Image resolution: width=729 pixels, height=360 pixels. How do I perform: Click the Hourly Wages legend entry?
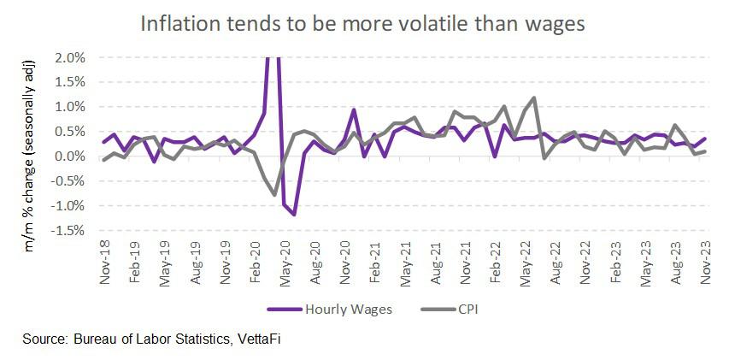point(342,309)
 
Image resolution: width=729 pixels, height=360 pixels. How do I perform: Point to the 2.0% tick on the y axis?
point(69,57)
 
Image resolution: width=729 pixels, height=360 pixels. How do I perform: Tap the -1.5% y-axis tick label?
point(68,230)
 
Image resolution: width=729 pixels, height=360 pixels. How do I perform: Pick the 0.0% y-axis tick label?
point(69,156)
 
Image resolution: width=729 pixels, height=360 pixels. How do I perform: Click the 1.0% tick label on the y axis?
point(69,107)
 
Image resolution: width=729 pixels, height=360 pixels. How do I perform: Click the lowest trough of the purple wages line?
point(295,215)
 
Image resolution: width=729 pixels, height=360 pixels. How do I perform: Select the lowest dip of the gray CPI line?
point(274,195)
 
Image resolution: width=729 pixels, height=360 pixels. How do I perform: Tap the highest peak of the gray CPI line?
point(534,97)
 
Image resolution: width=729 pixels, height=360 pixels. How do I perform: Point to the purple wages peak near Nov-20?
point(354,109)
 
